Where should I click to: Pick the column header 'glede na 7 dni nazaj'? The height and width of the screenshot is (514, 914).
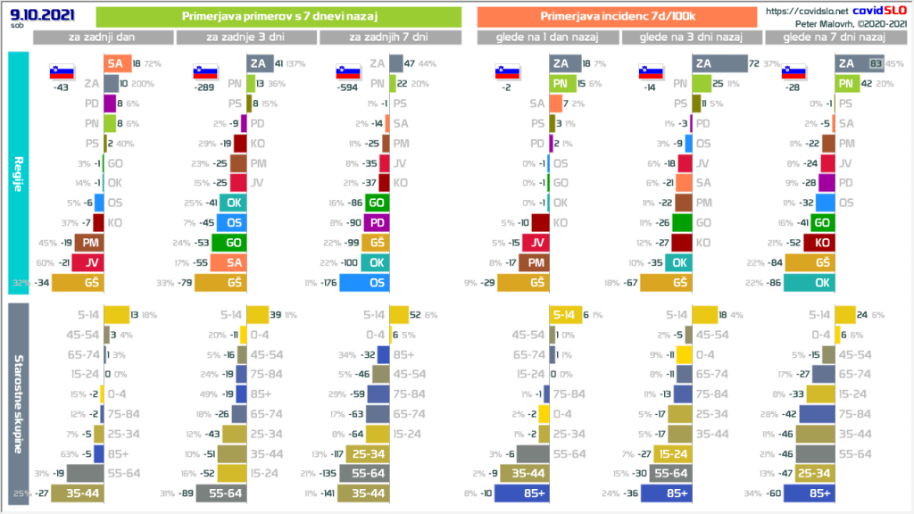pyautogui.click(x=833, y=37)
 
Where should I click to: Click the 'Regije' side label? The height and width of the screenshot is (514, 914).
pyautogui.click(x=19, y=174)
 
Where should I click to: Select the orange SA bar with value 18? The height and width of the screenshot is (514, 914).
pyautogui.click(x=114, y=63)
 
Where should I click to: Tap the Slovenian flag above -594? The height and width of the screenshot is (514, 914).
pyautogui.click(x=346, y=72)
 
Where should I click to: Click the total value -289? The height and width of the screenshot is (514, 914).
pyautogui.click(x=204, y=89)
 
